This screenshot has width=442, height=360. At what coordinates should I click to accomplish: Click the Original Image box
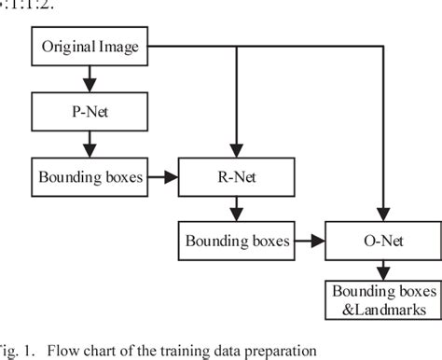pos(90,46)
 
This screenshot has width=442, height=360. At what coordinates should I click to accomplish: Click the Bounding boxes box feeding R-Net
pos(90,175)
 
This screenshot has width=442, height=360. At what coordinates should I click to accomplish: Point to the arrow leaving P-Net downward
pos(90,143)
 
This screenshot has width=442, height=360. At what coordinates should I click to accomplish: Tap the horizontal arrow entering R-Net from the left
pos(167,175)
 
